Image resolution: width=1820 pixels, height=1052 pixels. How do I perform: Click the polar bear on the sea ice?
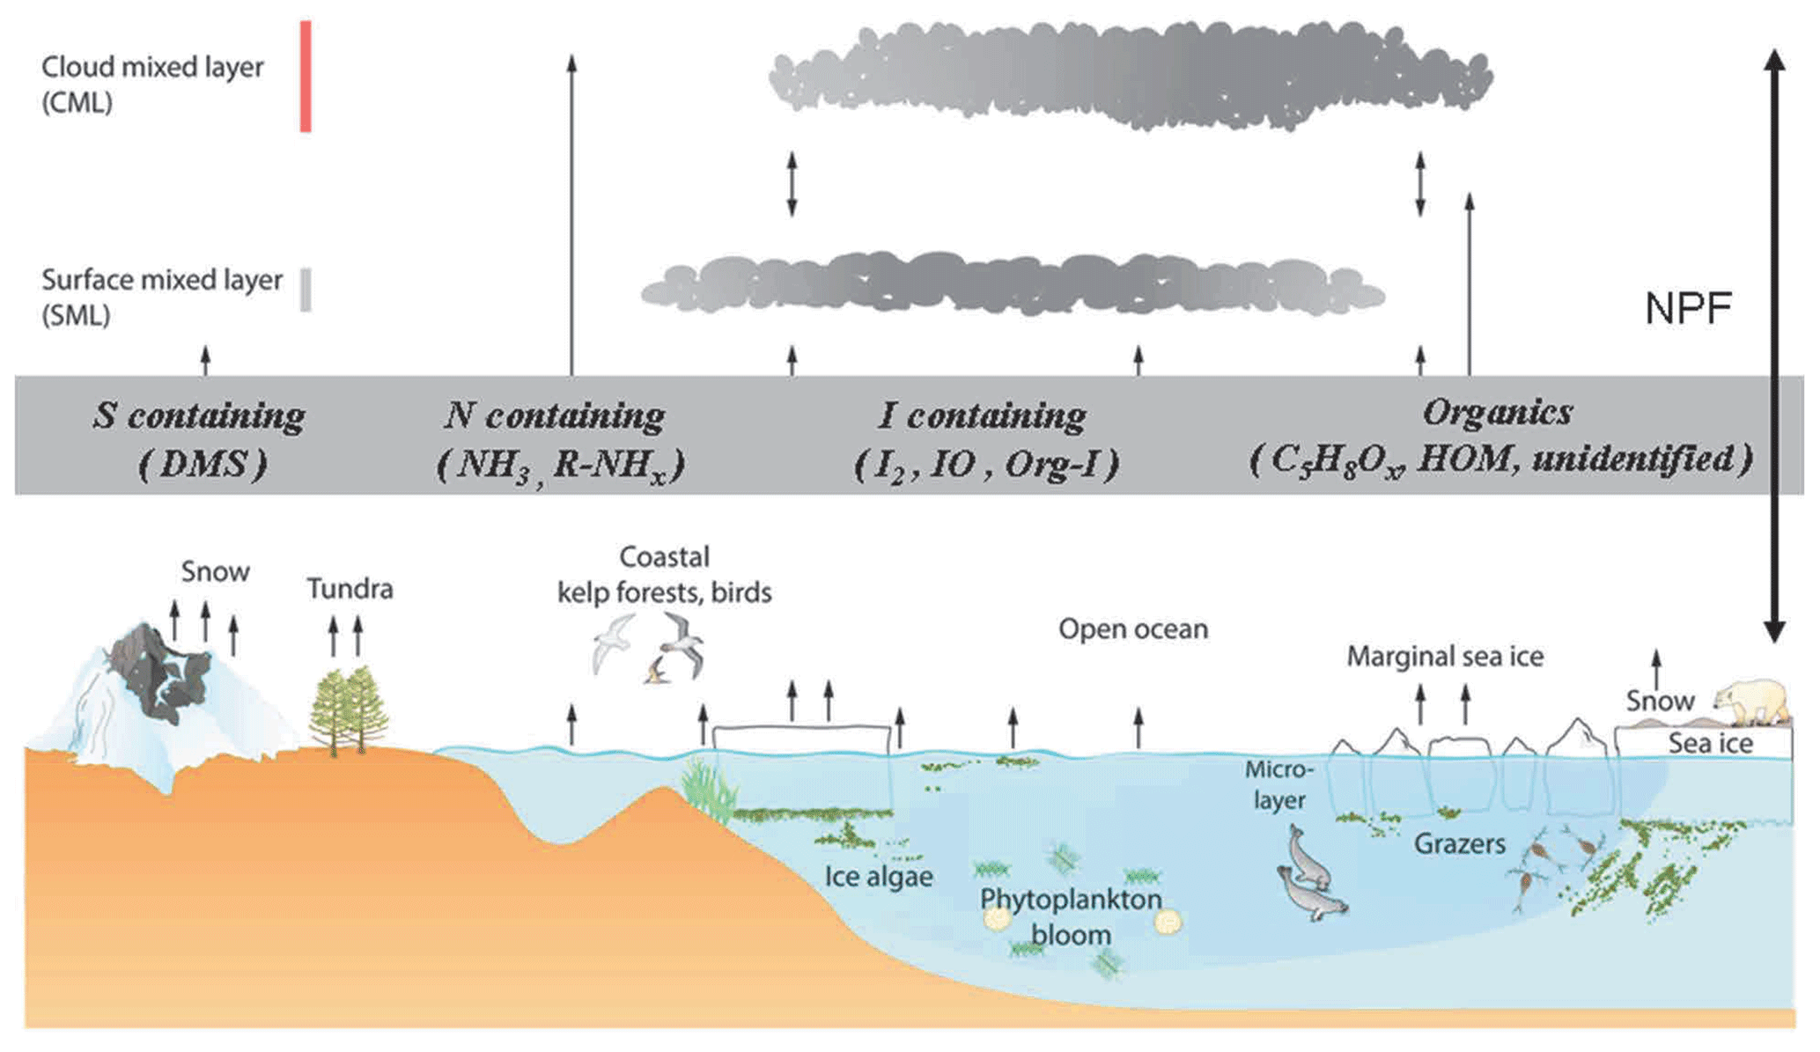(1753, 701)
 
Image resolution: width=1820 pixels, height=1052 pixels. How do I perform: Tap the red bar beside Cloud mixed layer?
(306, 77)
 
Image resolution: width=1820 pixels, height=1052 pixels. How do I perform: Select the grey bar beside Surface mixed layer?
(306, 290)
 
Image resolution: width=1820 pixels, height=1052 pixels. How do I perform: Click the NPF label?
(1688, 309)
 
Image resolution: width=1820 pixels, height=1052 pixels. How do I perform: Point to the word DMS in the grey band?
(203, 464)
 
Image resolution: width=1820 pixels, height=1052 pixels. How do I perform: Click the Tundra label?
(350, 588)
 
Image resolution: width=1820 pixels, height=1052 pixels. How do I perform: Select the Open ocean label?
(1132, 629)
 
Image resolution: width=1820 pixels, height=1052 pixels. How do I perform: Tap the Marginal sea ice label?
(1444, 657)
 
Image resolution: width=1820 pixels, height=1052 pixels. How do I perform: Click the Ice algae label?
(878, 877)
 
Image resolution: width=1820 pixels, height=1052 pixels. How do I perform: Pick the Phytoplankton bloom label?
(1071, 916)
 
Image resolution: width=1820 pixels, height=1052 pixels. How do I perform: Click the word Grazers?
(1459, 843)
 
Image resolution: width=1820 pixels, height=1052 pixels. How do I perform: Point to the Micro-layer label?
(1278, 784)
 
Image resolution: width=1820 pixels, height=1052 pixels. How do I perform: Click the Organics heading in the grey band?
(1498, 412)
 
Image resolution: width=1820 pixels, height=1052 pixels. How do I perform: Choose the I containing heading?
(982, 416)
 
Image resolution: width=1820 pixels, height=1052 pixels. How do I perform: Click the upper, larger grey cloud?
(1131, 75)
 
